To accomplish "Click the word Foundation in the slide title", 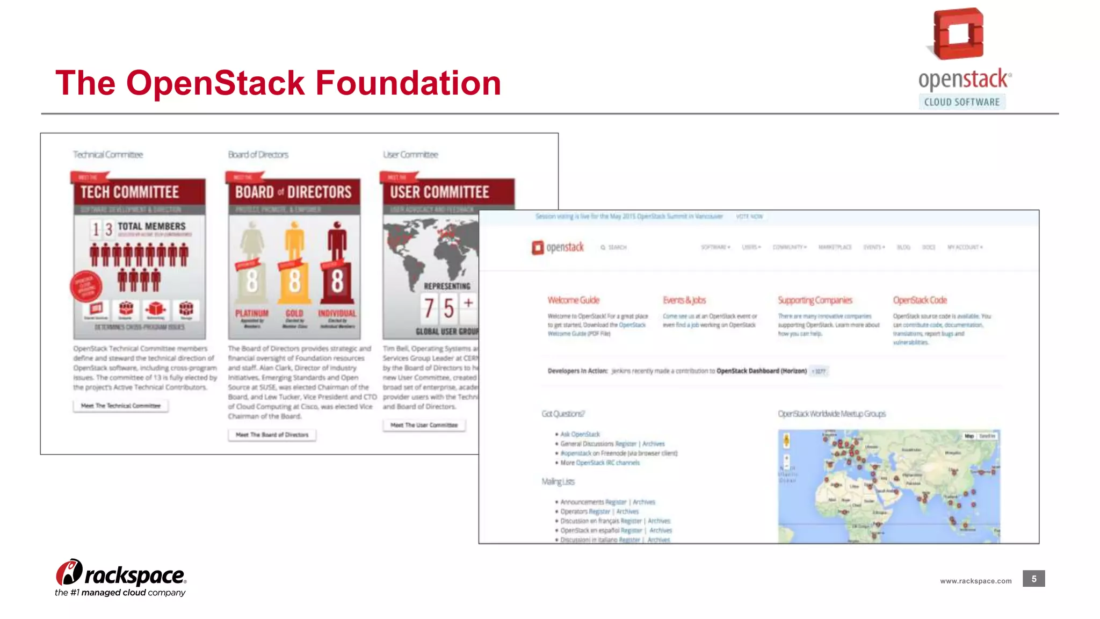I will [408, 83].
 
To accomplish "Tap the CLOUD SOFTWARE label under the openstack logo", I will [962, 102].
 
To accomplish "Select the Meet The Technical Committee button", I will [121, 406].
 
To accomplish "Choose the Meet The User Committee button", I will [424, 425].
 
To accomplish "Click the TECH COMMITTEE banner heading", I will [129, 192].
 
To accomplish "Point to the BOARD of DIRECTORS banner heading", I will [293, 192].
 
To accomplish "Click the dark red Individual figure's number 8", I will [337, 281].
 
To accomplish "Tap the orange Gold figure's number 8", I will [294, 281].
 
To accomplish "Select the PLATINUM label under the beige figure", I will [251, 313].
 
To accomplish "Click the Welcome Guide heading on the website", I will [573, 300].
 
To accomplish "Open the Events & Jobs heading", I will [684, 300].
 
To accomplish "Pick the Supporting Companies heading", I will [815, 300].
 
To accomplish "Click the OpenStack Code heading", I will [920, 300].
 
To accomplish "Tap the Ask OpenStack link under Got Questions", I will [580, 434].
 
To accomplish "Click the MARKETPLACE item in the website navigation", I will [835, 247].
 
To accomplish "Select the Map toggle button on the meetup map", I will [969, 436].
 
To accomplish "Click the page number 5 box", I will [1033, 579].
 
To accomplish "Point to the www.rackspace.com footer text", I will [975, 581].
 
